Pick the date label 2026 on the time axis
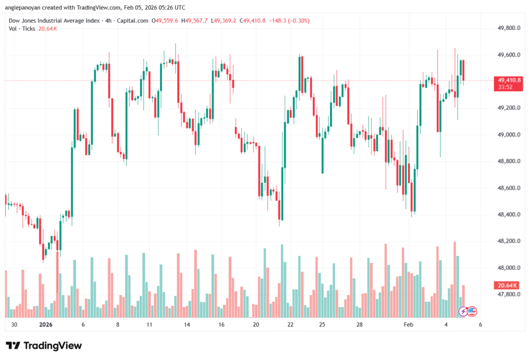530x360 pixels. click(46, 324)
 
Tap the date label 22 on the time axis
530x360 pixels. click(291, 324)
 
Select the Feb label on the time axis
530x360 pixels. click(408, 324)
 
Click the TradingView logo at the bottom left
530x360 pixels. click(44, 346)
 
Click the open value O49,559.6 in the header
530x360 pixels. click(165, 21)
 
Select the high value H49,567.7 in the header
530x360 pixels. click(196, 21)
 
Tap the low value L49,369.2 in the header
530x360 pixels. click(226, 21)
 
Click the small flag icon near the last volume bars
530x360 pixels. click(472, 311)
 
